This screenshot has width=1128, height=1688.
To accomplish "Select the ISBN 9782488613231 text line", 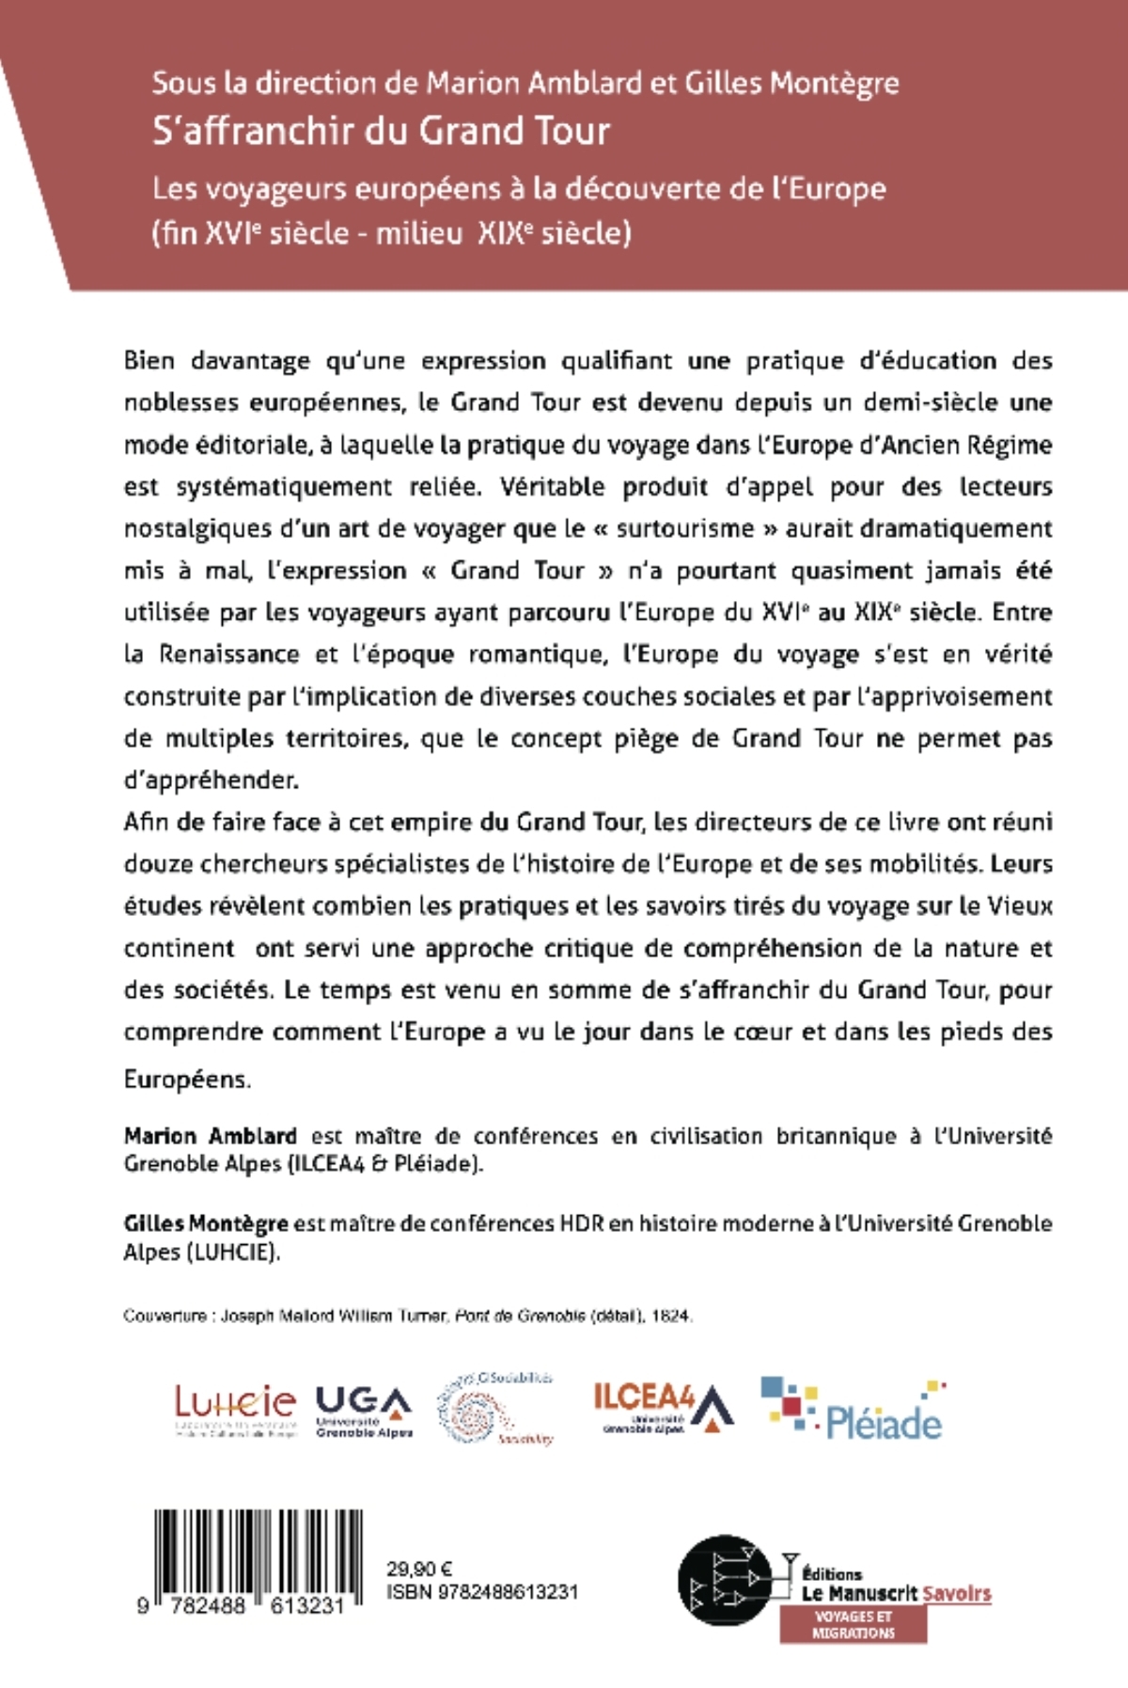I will (482, 1592).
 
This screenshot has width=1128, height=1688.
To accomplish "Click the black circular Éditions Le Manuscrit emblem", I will (729, 1580).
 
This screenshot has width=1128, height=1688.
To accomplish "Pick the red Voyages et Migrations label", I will (854, 1624).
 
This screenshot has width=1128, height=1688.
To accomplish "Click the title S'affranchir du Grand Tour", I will (382, 131).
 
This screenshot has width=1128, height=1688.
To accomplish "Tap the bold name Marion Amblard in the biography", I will (211, 1136).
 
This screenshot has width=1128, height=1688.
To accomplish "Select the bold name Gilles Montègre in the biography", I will (206, 1223).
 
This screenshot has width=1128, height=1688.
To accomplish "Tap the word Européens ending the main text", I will (187, 1079).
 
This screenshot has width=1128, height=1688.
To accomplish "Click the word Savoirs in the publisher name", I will (956, 1593).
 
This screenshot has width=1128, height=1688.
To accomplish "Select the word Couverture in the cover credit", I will (164, 1317).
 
